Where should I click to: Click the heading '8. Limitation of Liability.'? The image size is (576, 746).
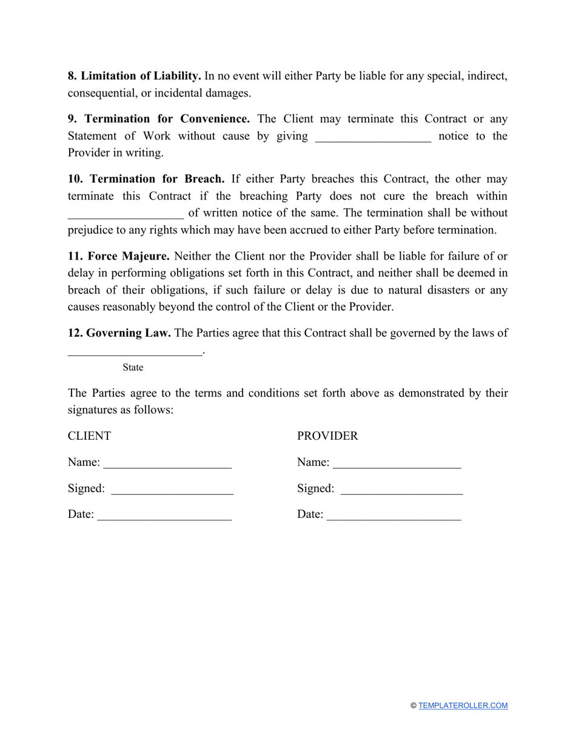click(x=134, y=76)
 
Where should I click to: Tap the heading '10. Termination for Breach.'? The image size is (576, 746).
click(x=146, y=180)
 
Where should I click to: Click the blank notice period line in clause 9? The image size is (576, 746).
click(x=373, y=137)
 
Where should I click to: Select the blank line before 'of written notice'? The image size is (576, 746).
click(x=125, y=214)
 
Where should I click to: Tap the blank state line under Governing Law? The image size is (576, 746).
click(x=135, y=352)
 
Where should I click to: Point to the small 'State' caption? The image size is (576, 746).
click(x=133, y=368)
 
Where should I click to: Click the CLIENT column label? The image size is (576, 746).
click(x=90, y=436)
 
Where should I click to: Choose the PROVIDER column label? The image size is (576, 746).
click(x=327, y=436)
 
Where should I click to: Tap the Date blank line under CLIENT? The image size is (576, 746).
click(x=165, y=516)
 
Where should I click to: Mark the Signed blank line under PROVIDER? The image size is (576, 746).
click(x=402, y=490)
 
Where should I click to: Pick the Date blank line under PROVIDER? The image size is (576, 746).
click(x=394, y=516)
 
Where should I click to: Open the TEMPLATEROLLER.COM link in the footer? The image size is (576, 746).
click(x=463, y=705)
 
